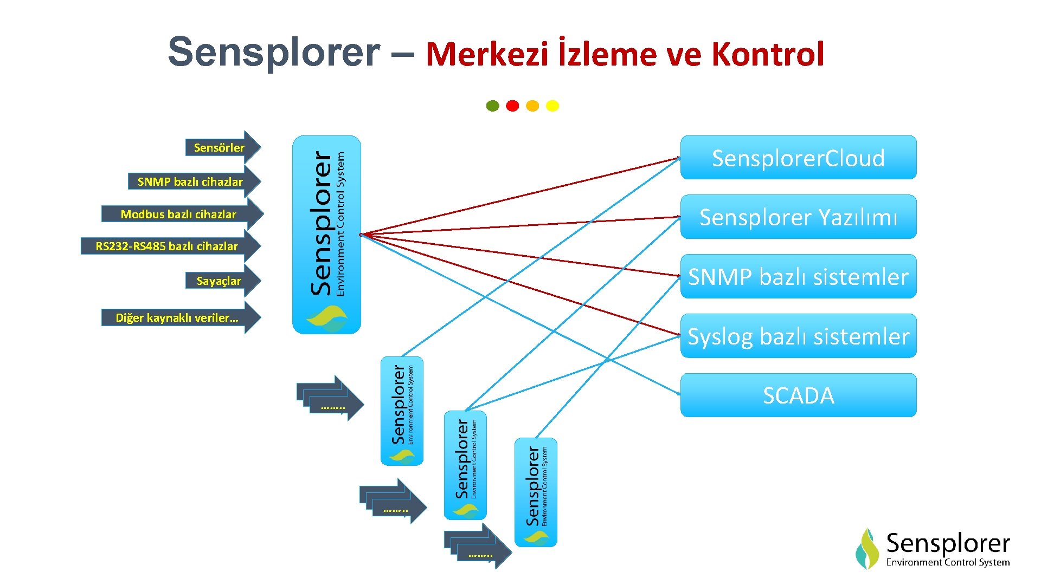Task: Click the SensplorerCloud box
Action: [x=798, y=158]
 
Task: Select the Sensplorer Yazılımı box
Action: [x=798, y=217]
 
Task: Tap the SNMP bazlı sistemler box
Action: [x=798, y=276]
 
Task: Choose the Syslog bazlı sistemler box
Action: [x=798, y=336]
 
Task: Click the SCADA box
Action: [x=798, y=395]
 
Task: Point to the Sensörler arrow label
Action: [x=219, y=147]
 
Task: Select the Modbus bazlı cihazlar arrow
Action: [x=179, y=214]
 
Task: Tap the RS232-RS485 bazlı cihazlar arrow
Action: [x=167, y=246]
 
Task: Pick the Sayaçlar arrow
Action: [x=219, y=281]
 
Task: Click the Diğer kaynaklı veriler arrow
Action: [x=177, y=317]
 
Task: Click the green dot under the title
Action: [x=492, y=106]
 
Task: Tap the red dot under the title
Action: [x=512, y=106]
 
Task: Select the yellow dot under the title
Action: [x=552, y=106]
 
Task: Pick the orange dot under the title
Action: [x=532, y=106]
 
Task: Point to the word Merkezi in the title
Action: [x=487, y=54]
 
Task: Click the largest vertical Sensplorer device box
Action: [x=326, y=235]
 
